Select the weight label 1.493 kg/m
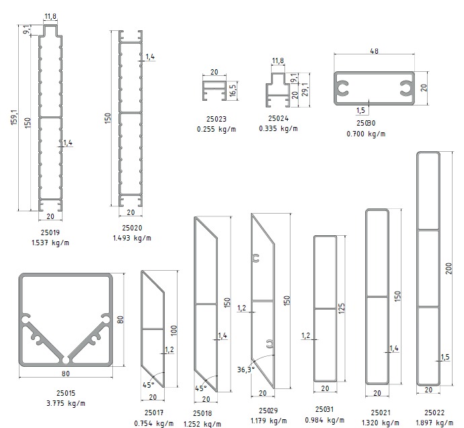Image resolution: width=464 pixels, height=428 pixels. tap(132, 237)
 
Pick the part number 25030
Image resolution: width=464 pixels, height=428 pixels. tap(366, 123)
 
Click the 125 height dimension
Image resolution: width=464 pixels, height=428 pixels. tap(342, 308)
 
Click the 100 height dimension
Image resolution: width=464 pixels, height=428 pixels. tap(173, 329)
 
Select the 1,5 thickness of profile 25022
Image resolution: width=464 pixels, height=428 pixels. tap(444, 357)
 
